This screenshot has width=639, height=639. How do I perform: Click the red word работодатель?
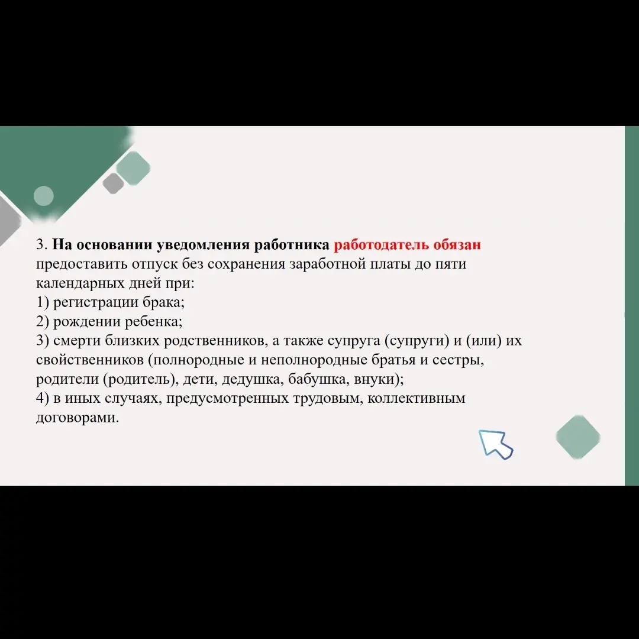coord(382,245)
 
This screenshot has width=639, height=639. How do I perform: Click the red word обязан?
coord(457,244)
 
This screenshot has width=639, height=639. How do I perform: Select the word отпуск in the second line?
coord(154,264)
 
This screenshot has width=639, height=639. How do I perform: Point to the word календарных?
coord(80,283)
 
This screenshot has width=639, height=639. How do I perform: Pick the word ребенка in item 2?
coord(154,322)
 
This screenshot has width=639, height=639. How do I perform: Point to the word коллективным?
coord(416,398)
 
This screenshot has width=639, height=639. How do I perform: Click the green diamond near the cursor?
coord(578,437)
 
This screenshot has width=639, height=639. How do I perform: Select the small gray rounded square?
coord(113,183)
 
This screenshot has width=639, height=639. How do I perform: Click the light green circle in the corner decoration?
coord(44,196)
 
